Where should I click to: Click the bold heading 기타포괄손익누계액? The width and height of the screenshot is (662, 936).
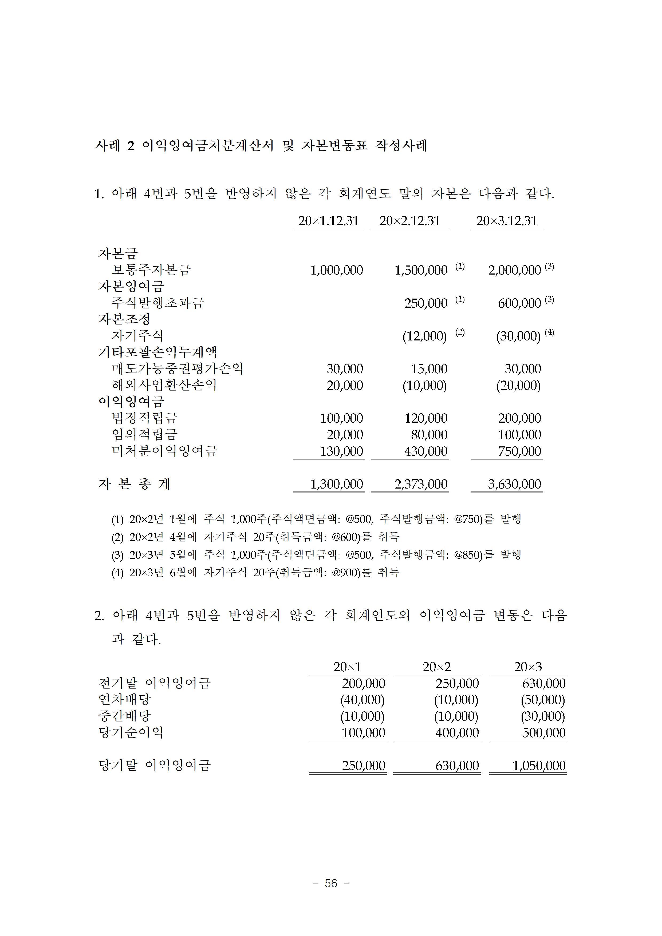(157, 352)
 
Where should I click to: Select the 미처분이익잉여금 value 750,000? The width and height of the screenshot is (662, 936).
(519, 451)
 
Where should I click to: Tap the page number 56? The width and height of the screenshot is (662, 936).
(331, 883)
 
